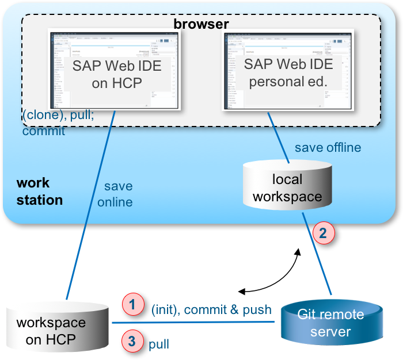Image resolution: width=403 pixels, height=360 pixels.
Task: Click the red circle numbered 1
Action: tap(132, 304)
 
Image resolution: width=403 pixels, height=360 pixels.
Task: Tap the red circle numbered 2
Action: tap(323, 233)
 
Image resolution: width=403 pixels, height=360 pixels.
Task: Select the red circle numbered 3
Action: tap(132, 342)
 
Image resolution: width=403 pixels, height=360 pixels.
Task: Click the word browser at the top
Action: tap(201, 24)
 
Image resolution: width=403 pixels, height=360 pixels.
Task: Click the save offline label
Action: tap(328, 148)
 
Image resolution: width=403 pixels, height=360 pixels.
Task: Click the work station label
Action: tap(39, 192)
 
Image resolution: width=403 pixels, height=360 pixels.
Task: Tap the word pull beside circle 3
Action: tap(159, 344)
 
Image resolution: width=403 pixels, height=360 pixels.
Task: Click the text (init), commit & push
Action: tap(211, 310)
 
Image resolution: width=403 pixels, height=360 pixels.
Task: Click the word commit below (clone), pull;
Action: tap(43, 131)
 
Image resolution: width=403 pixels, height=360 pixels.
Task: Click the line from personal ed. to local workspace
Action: tap(279, 138)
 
